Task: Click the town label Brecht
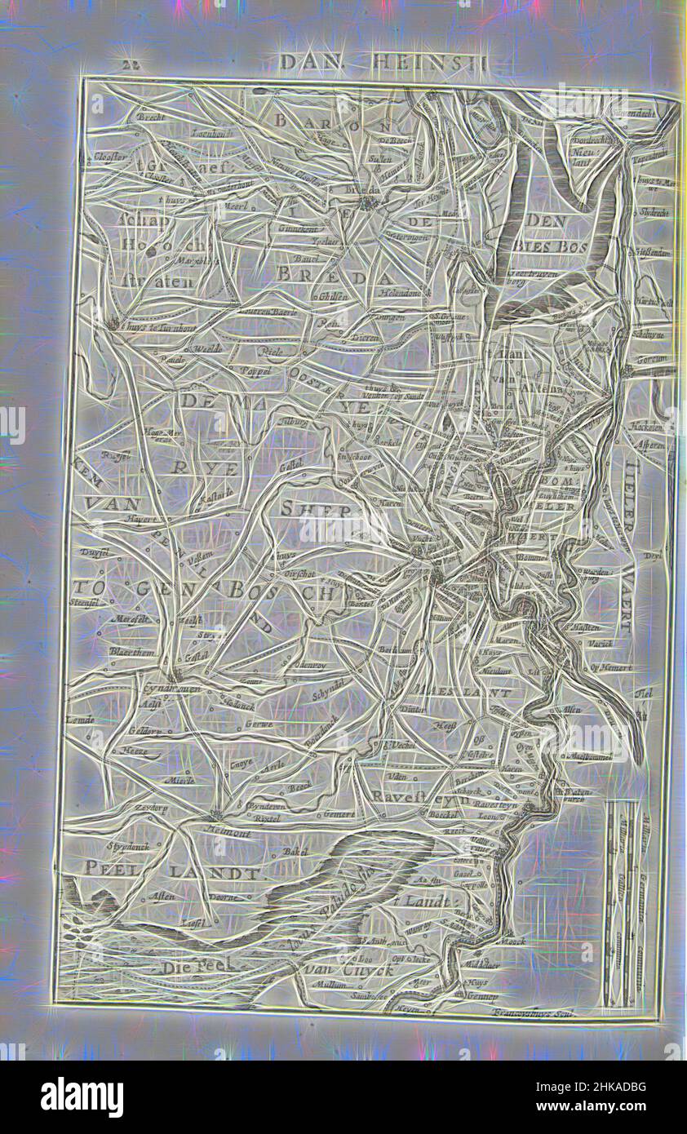(x=152, y=117)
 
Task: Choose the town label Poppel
(x=242, y=368)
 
